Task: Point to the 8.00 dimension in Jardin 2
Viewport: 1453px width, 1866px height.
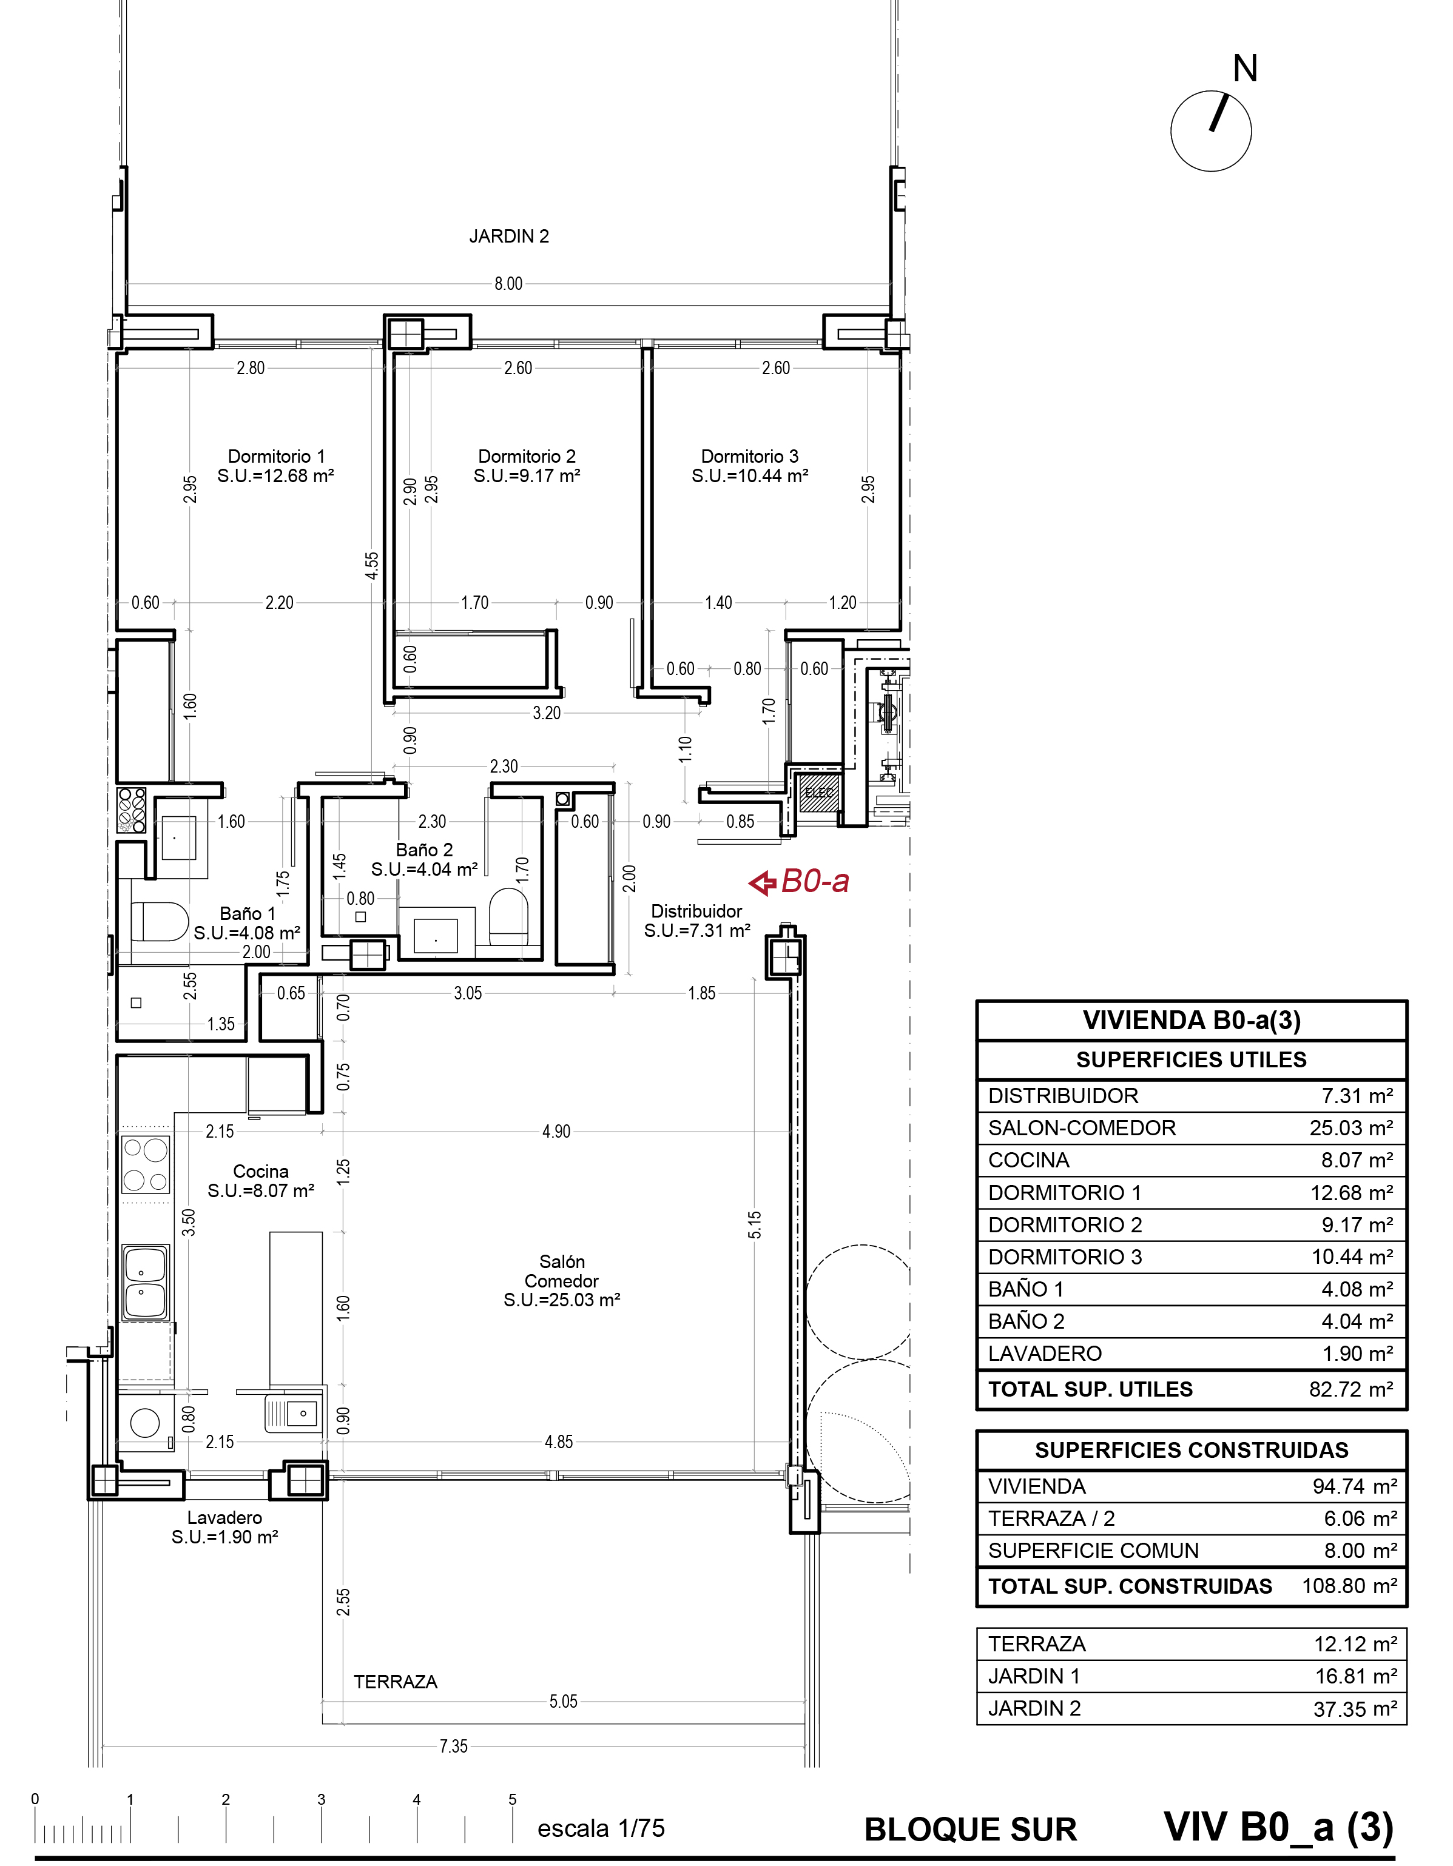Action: (508, 284)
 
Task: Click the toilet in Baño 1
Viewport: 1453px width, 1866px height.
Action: (159, 922)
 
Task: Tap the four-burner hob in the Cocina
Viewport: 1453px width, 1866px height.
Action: (146, 1164)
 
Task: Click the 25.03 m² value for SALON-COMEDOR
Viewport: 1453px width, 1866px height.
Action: (1351, 1128)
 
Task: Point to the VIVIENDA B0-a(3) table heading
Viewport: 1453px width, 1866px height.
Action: (1192, 1020)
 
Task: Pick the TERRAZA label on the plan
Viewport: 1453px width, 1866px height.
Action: (395, 1682)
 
